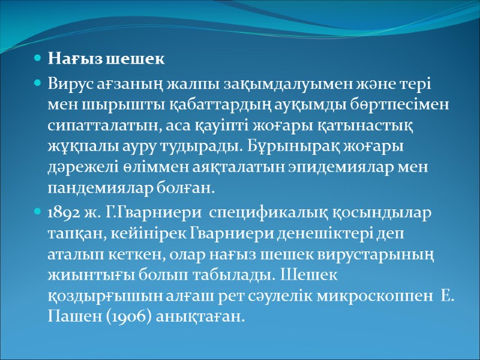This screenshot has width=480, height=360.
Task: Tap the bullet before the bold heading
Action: pyautogui.click(x=37, y=59)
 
